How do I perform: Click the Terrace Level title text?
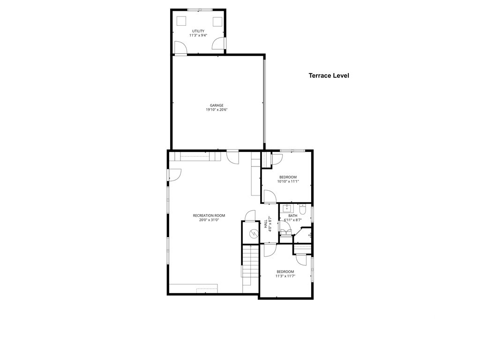(x=329, y=75)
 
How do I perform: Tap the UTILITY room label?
(x=198, y=31)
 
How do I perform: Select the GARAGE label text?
(x=216, y=105)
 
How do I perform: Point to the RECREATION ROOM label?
(x=209, y=216)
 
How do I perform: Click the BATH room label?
(x=292, y=216)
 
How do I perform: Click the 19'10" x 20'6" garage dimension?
(x=216, y=110)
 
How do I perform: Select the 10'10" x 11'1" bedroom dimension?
(x=288, y=181)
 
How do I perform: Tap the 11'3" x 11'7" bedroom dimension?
(x=285, y=276)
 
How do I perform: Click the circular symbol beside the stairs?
(x=254, y=232)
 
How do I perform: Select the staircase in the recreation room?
(x=250, y=265)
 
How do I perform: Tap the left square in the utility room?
(x=181, y=21)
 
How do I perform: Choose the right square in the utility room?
(x=217, y=22)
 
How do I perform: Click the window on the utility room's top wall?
(x=199, y=9)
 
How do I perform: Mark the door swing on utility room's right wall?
(x=218, y=44)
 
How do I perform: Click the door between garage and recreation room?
(x=232, y=156)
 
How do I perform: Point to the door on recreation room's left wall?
(x=174, y=174)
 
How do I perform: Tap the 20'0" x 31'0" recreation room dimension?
(x=209, y=220)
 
